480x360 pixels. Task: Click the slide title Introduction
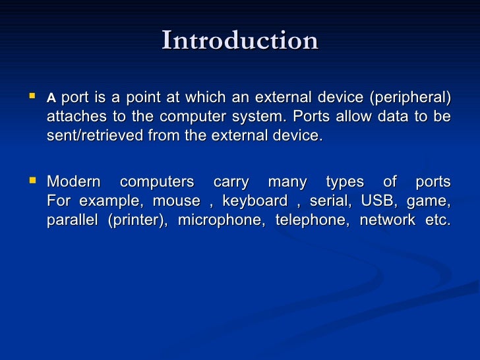pyautogui.click(x=240, y=42)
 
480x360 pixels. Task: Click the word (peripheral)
pyautogui.click(x=409, y=98)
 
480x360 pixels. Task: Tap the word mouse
pyautogui.click(x=175, y=201)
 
